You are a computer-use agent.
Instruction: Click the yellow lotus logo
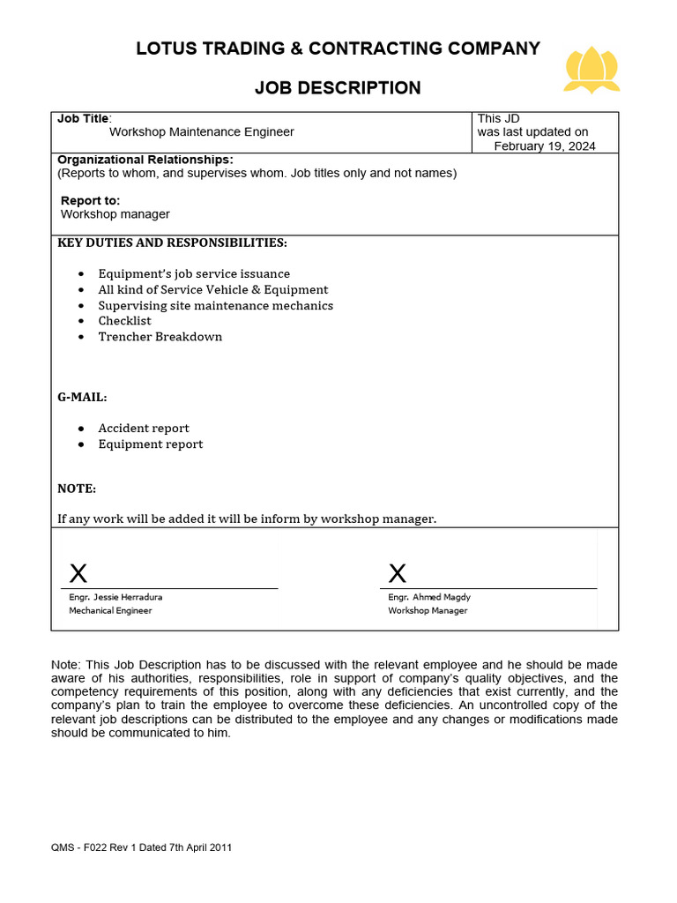click(592, 70)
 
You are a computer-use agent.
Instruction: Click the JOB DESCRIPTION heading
click(338, 87)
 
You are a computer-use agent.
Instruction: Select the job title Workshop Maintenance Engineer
click(201, 131)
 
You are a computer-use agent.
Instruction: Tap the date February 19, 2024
click(544, 146)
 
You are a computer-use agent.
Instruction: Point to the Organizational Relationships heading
click(145, 159)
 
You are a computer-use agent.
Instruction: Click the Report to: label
click(91, 200)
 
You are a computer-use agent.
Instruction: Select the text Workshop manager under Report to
click(115, 214)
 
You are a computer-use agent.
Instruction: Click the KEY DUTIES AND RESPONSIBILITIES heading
click(172, 243)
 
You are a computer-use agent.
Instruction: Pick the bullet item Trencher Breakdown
click(160, 337)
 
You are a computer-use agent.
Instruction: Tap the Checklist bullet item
click(124, 321)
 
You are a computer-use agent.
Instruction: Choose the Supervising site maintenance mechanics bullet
click(215, 305)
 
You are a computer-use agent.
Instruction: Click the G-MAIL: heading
click(82, 397)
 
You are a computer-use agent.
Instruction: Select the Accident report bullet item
click(144, 429)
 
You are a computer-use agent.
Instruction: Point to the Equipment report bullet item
click(150, 444)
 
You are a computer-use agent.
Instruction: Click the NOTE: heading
click(77, 489)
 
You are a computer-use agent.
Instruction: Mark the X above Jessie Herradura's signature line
click(78, 574)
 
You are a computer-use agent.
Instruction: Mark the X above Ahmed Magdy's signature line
click(398, 574)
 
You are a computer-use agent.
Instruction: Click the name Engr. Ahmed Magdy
click(429, 597)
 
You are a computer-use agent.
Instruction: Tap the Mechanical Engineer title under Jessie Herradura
click(110, 610)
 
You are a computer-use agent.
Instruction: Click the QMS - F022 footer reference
click(142, 847)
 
